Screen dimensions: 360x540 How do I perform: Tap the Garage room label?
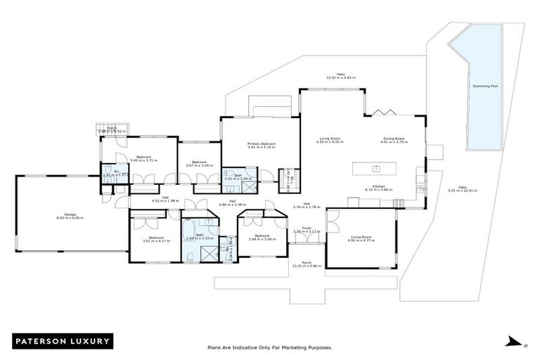pyautogui.click(x=69, y=216)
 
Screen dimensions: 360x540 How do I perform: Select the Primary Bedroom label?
pyautogui.click(x=262, y=144)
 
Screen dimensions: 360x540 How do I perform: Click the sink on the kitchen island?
pyautogui.click(x=377, y=168)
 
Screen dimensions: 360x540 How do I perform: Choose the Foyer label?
pyautogui.click(x=307, y=229)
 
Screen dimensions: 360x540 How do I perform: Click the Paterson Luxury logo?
pyautogui.click(x=63, y=341)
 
